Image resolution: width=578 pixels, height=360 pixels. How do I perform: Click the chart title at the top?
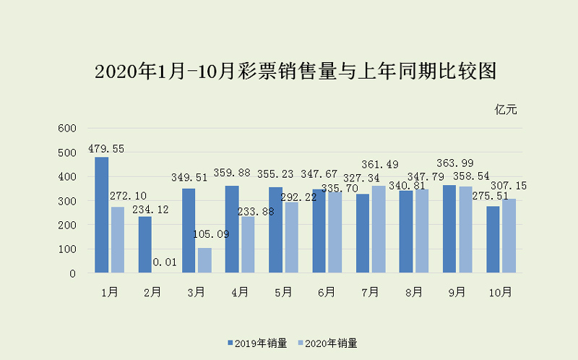coord(297,72)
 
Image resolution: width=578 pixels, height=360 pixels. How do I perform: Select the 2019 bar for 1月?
coord(102,215)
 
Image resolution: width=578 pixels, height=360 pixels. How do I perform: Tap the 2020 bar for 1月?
coord(118,240)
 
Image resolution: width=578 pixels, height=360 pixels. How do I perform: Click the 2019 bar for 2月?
coord(145,244)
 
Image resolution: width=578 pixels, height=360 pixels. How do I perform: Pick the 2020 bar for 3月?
coord(204,260)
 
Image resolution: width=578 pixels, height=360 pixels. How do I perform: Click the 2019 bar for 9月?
coord(449,229)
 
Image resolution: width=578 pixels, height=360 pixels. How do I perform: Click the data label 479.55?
coord(106,149)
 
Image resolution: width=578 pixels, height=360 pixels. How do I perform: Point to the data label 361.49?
coord(380,165)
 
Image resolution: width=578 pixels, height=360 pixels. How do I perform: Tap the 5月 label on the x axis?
coord(283,292)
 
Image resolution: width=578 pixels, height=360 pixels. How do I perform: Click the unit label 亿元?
coord(506,110)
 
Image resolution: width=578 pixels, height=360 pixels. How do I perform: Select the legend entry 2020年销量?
coord(326,343)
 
